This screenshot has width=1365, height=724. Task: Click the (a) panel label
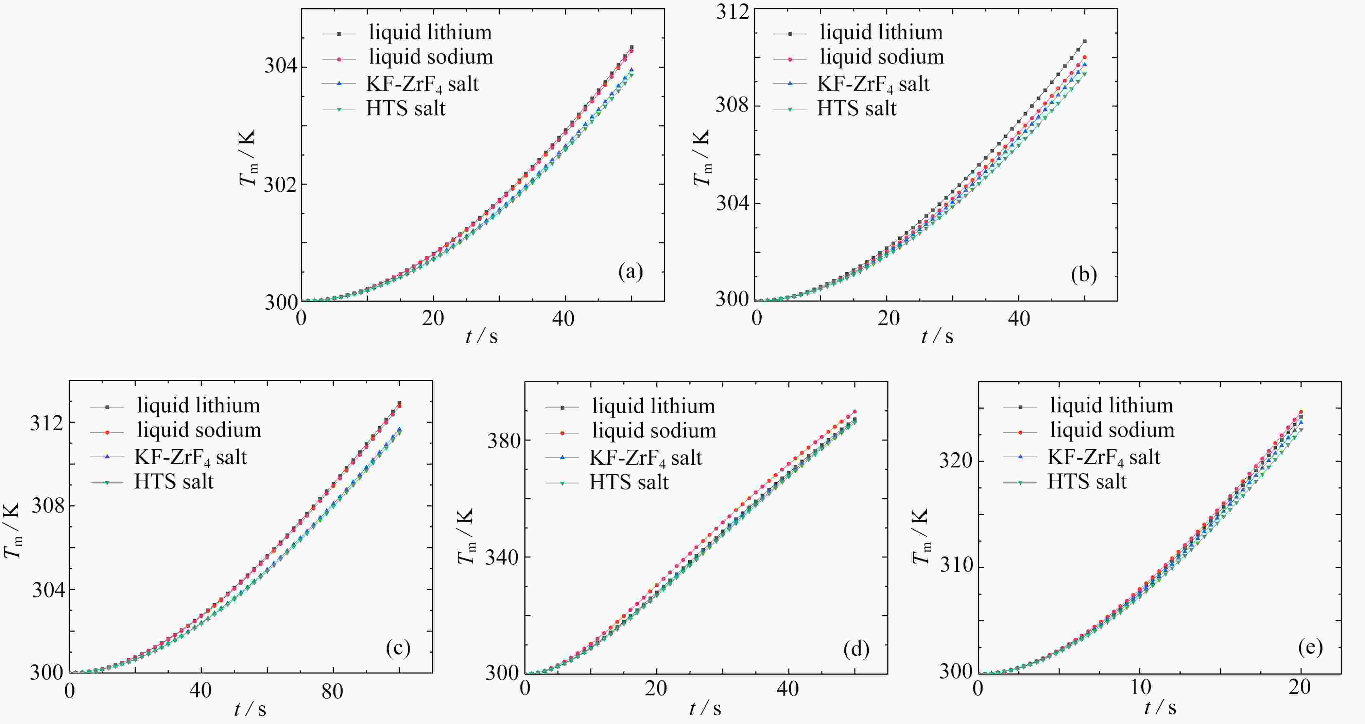pyautogui.click(x=630, y=272)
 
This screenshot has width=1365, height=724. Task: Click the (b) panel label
pyautogui.click(x=1084, y=275)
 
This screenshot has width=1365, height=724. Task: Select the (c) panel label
pyautogui.click(x=398, y=647)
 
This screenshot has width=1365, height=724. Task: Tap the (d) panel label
pyautogui.click(x=856, y=649)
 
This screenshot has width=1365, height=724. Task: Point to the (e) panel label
pyautogui.click(x=1310, y=647)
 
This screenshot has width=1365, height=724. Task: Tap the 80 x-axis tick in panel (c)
pyautogui.click(x=332, y=691)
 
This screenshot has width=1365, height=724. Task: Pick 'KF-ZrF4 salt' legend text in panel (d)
pyautogui.click(x=646, y=458)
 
